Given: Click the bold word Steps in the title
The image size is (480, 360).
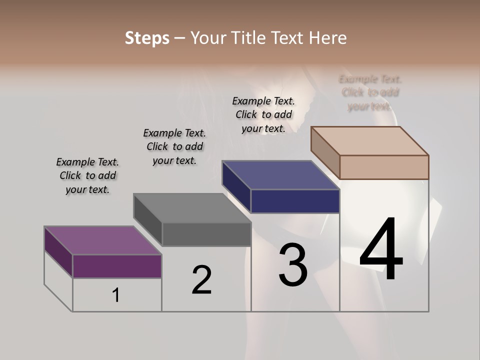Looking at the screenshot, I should click(x=147, y=38).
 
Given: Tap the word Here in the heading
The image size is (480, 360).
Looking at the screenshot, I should click(x=326, y=38).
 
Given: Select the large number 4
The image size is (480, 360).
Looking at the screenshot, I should click(x=381, y=250).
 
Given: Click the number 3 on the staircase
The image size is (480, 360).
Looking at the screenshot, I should click(x=293, y=265).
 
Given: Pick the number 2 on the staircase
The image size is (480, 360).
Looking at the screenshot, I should click(x=202, y=280).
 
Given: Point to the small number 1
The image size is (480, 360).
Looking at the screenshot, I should click(x=116, y=295).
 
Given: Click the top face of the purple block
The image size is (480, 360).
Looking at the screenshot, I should click(x=102, y=240).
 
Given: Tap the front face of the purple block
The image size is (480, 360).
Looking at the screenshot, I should click(x=117, y=266).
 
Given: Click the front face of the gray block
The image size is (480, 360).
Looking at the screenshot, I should click(x=206, y=234).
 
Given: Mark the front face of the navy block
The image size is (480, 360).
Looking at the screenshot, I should click(x=295, y=201).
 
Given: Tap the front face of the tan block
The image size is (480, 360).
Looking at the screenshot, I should click(x=384, y=167).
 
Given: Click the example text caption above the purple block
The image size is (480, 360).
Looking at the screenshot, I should click(x=87, y=175).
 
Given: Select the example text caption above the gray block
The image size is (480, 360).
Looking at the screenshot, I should click(x=174, y=146).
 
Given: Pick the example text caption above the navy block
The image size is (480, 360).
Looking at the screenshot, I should click(x=263, y=114).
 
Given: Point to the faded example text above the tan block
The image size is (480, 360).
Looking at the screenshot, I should click(x=370, y=92).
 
